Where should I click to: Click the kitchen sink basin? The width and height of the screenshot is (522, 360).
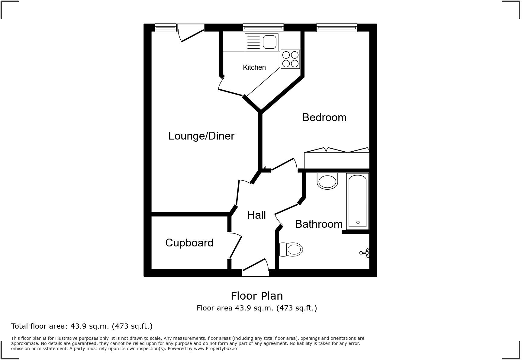pyautogui.click(x=270, y=42)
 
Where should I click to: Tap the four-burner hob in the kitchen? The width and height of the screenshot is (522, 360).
pyautogui.click(x=290, y=59)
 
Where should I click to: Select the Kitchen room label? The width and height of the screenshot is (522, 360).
pyautogui.click(x=254, y=67)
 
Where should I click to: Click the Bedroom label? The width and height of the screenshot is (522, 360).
pyautogui.click(x=324, y=117)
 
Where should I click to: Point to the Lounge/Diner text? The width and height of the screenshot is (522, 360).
pyautogui.click(x=201, y=136)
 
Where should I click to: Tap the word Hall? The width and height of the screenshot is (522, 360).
pyautogui.click(x=256, y=215)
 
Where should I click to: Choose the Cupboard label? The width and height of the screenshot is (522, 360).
pyautogui.click(x=189, y=243)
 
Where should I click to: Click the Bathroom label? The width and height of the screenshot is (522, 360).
pyautogui.click(x=318, y=224)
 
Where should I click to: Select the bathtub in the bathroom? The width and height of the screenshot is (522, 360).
pyautogui.click(x=357, y=201)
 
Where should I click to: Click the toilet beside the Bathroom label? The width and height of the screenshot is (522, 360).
pyautogui.click(x=292, y=249)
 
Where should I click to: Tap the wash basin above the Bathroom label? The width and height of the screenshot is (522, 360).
pyautogui.click(x=327, y=181)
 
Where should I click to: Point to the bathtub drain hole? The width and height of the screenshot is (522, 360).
pyautogui.click(x=358, y=222)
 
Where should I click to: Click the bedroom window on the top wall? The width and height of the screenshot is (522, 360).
pyautogui.click(x=337, y=28)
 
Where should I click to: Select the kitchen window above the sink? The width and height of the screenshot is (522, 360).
pyautogui.click(x=263, y=28)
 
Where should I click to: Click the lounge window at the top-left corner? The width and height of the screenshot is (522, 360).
pyautogui.click(x=165, y=28)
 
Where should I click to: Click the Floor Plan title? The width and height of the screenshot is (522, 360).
pyautogui.click(x=256, y=296)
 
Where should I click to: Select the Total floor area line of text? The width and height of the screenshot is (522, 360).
pyautogui.click(x=82, y=326)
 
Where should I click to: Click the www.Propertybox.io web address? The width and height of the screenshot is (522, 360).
pyautogui.click(x=215, y=349)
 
